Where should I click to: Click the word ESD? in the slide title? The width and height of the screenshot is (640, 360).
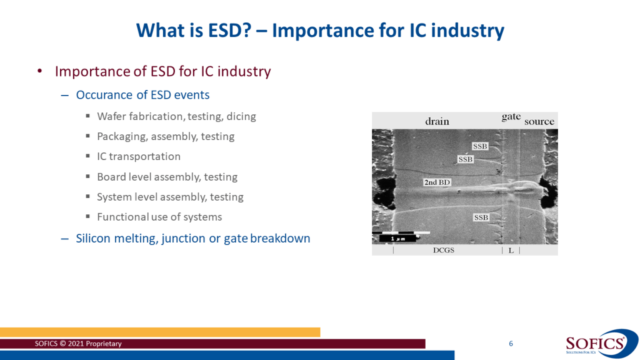click(x=229, y=31)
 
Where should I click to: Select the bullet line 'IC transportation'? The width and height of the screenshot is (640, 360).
click(x=139, y=156)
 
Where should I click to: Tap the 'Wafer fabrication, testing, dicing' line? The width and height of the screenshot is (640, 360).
click(x=176, y=117)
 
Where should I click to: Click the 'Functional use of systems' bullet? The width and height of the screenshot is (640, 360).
click(x=159, y=217)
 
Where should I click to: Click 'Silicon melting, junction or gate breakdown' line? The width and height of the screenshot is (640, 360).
click(x=193, y=238)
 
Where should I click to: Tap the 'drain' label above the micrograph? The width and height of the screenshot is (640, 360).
click(x=437, y=121)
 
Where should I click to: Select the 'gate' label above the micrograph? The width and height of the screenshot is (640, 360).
click(x=511, y=117)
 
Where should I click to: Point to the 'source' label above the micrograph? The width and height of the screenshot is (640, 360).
click(x=539, y=121)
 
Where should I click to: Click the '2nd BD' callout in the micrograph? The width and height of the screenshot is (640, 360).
click(x=437, y=182)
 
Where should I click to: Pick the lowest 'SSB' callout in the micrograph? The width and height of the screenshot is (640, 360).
click(x=481, y=217)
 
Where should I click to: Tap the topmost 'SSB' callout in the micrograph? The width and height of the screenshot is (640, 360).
click(x=480, y=146)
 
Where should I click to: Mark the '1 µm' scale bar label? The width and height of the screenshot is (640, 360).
click(x=397, y=238)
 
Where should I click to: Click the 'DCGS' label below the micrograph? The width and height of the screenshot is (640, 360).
click(x=444, y=250)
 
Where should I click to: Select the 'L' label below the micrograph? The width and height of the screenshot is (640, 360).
click(x=511, y=251)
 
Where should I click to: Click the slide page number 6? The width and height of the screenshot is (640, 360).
click(x=511, y=344)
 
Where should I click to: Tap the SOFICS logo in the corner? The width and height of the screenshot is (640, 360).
click(x=601, y=344)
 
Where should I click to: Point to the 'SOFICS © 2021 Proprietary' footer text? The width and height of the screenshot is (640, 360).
click(x=78, y=344)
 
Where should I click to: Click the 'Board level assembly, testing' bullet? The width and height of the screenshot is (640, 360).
click(x=167, y=177)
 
